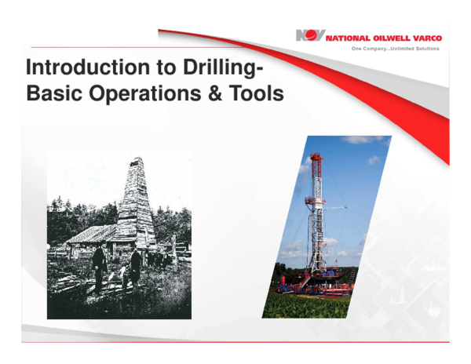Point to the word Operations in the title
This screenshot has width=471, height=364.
click(142, 93)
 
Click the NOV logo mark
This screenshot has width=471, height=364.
click(310, 36)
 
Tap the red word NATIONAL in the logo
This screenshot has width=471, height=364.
click(347, 37)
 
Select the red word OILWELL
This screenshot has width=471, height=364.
click(392, 37)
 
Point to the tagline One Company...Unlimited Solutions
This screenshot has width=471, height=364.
click(395, 49)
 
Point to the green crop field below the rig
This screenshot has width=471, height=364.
click(306, 304)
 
